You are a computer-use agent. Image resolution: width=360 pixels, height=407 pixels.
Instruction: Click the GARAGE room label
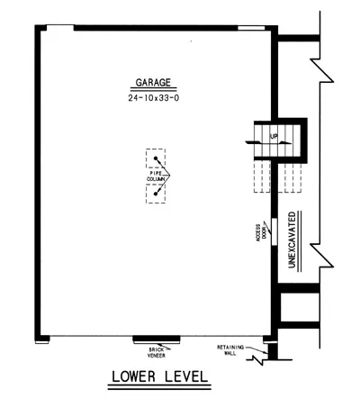pos(153,83)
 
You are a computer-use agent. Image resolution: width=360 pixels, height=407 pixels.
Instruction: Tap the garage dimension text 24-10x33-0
pos(154,98)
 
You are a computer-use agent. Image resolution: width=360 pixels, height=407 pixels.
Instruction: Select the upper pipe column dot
pos(156,158)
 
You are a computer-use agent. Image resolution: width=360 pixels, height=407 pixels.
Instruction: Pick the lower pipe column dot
pos(156,194)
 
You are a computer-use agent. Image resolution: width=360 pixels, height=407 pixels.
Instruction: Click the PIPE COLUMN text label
pos(156,176)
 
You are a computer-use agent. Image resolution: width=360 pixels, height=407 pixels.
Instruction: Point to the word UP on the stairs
pos(274,137)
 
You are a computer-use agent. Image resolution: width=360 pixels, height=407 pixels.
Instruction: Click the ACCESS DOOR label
pos(261,231)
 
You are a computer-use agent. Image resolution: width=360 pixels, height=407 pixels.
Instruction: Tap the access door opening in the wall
pos(274,231)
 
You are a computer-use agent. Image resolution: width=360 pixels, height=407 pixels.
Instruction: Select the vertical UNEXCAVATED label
pos(292,240)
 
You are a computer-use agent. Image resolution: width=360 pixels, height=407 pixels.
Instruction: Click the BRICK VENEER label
pos(157,352)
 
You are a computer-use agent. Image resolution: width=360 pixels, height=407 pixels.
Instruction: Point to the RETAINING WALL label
pos(230,350)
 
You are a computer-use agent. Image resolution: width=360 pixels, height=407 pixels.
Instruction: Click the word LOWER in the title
pos(134,376)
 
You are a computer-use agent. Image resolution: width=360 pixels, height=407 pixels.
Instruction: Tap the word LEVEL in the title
pos(186,376)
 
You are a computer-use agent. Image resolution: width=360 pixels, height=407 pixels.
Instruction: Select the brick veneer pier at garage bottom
pos(157,339)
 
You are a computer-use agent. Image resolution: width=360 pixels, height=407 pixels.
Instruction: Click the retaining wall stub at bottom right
pos(273,351)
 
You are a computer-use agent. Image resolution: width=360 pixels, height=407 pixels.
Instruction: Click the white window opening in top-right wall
pos(251,28)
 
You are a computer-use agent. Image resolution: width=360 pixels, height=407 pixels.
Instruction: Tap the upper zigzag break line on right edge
pos(322,70)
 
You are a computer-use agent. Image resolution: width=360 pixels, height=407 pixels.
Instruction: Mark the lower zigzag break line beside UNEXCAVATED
pos(322,255)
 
